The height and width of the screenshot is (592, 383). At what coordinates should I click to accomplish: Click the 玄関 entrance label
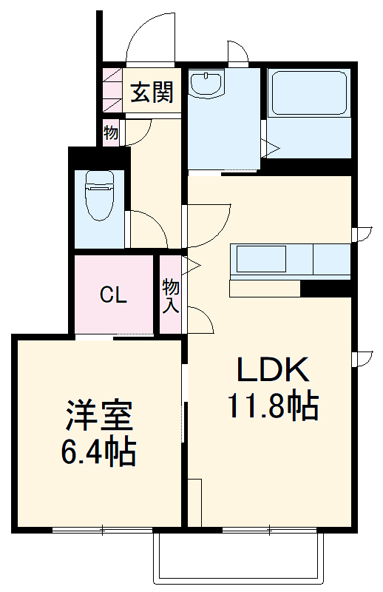pyautogui.click(x=152, y=92)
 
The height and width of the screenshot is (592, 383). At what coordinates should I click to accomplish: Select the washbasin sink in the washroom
pyautogui.click(x=206, y=84)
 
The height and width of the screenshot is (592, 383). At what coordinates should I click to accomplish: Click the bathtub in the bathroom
pyautogui.click(x=308, y=94)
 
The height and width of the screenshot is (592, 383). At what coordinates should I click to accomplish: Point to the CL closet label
pyautogui.click(x=114, y=296)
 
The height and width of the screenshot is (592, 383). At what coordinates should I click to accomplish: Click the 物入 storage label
pyautogui.click(x=171, y=295)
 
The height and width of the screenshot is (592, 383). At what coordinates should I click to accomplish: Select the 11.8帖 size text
pyautogui.click(x=271, y=406)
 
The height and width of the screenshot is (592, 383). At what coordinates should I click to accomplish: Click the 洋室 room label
pyautogui.click(x=99, y=417)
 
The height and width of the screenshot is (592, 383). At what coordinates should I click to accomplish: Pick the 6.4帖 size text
pyautogui.click(x=99, y=451)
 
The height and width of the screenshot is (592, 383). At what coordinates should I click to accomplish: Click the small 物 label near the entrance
pyautogui.click(x=111, y=134)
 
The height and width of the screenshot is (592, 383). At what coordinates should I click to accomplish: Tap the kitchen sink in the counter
pyautogui.click(x=260, y=260)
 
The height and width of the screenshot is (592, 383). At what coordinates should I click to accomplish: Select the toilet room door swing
pyautogui.click(x=148, y=229)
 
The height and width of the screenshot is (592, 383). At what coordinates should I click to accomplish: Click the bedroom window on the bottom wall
pyautogui.click(x=102, y=529)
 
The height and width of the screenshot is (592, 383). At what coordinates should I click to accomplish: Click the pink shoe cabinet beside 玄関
pyautogui.click(x=112, y=91)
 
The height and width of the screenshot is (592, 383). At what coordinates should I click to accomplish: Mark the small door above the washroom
pyautogui.click(x=238, y=55)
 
